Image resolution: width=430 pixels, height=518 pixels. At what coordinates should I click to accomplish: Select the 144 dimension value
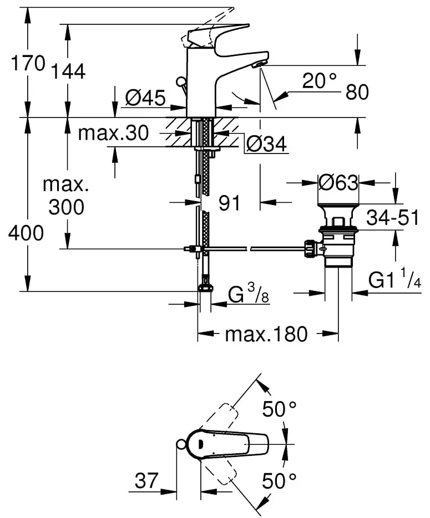coord(69,71)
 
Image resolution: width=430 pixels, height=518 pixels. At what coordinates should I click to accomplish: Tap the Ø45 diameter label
coord(145,99)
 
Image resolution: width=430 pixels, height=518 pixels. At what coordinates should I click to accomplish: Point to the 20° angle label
coord(319,81)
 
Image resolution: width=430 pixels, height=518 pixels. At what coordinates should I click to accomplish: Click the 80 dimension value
coord(357,93)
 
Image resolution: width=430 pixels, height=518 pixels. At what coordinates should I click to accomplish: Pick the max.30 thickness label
coord(113,134)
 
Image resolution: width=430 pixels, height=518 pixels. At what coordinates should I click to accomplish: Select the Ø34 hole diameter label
coord(265,145)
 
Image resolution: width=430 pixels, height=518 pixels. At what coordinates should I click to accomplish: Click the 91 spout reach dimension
coord(229,203)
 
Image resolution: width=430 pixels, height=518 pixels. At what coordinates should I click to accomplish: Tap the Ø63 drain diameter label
coord(338,181)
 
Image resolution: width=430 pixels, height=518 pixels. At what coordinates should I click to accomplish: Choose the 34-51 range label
coord(392,218)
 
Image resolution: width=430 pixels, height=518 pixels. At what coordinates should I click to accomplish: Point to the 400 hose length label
coord(26,233)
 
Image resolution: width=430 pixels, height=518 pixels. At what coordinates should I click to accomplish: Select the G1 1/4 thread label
coord(394,282)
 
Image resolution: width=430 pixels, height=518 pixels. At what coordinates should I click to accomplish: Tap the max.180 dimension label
coord(266,334)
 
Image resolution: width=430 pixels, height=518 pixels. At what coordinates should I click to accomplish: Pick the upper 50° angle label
coord(279,410)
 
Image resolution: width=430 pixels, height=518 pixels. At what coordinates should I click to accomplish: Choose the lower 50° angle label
coord(279,480)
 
